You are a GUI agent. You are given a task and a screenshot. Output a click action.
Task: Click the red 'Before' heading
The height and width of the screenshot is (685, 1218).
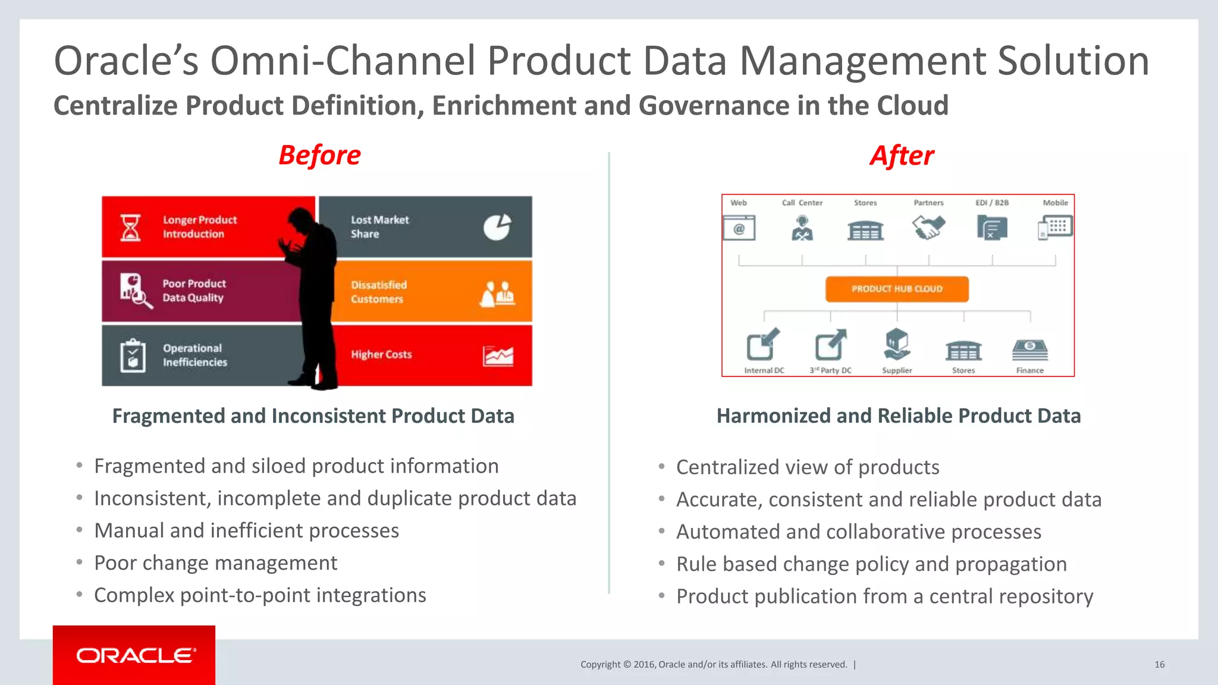click(x=319, y=155)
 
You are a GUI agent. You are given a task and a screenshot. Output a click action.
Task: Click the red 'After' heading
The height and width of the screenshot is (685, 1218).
click(x=902, y=156)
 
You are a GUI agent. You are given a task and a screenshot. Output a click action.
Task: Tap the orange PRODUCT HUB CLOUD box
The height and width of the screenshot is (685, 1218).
click(x=897, y=289)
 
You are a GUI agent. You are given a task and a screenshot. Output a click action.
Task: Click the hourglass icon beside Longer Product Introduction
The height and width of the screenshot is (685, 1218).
click(x=131, y=228)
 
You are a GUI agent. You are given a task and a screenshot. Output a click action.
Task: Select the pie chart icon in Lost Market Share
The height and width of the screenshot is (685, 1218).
click(x=497, y=227)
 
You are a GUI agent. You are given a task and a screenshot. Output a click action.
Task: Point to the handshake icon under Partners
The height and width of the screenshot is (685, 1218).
click(x=928, y=227)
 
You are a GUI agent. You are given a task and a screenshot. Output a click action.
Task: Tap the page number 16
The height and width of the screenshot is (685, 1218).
click(x=1159, y=665)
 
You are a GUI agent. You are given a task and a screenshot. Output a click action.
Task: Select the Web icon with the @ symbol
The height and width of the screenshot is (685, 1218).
click(x=739, y=228)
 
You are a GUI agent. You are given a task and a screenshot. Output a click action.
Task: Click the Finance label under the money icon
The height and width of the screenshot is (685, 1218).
click(x=1029, y=370)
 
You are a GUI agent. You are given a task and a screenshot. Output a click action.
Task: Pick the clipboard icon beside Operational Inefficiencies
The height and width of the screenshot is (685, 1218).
click(x=133, y=356)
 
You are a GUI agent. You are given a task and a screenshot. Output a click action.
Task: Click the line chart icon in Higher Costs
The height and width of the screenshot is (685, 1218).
click(x=498, y=356)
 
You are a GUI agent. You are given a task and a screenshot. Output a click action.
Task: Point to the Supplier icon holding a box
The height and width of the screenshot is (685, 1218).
click(x=897, y=344)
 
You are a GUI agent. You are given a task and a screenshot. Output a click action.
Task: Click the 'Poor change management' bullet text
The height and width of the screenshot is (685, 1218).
click(x=215, y=563)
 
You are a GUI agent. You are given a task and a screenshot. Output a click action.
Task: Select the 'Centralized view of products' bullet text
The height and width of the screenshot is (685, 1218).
click(x=808, y=467)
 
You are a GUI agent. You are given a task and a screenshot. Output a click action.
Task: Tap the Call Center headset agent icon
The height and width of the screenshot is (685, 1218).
click(x=802, y=228)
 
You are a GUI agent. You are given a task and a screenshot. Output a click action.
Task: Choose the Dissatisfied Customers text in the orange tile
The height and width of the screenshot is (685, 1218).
click(x=378, y=292)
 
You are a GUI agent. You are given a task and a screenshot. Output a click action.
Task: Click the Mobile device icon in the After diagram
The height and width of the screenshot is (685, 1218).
click(x=1055, y=228)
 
